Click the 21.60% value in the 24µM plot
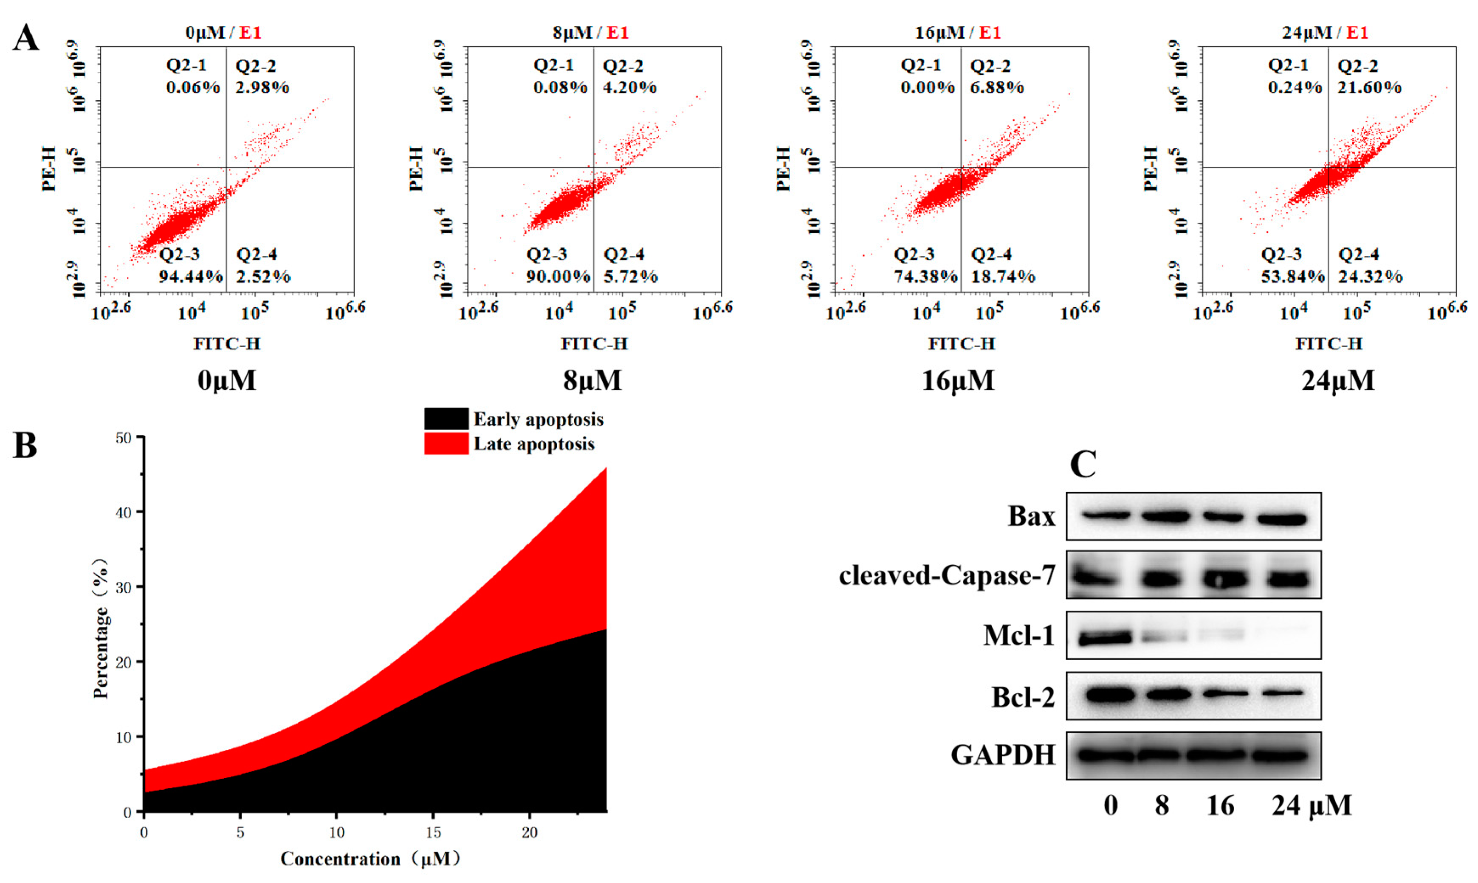(1369, 87)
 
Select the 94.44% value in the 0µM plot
(191, 277)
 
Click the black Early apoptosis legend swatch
(446, 419)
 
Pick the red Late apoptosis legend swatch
(446, 444)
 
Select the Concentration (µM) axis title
(370, 859)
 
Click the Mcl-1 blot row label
(1018, 636)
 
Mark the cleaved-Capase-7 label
(947, 575)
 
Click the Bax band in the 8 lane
(1165, 516)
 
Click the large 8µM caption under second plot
(592, 380)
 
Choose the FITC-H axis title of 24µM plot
(1329, 344)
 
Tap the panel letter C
(1083, 465)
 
